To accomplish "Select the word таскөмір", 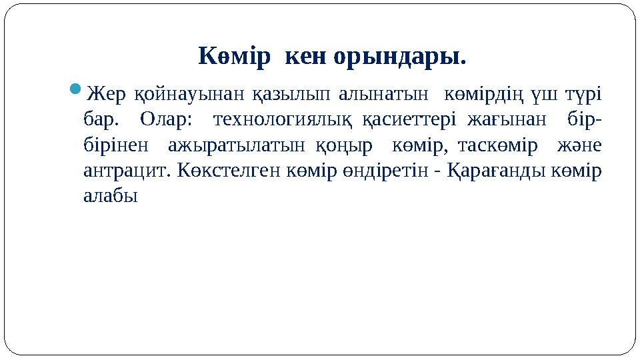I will click(x=497, y=145).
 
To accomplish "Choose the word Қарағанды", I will click(x=495, y=171).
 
